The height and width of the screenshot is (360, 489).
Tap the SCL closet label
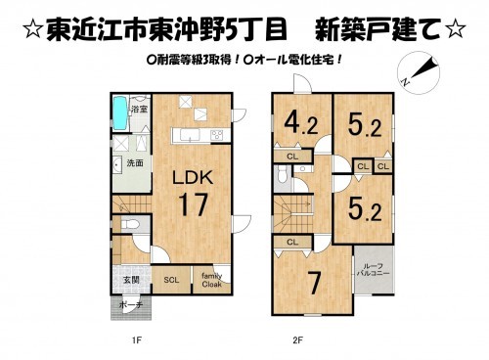(170, 281)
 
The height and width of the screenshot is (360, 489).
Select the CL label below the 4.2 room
(292, 157)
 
